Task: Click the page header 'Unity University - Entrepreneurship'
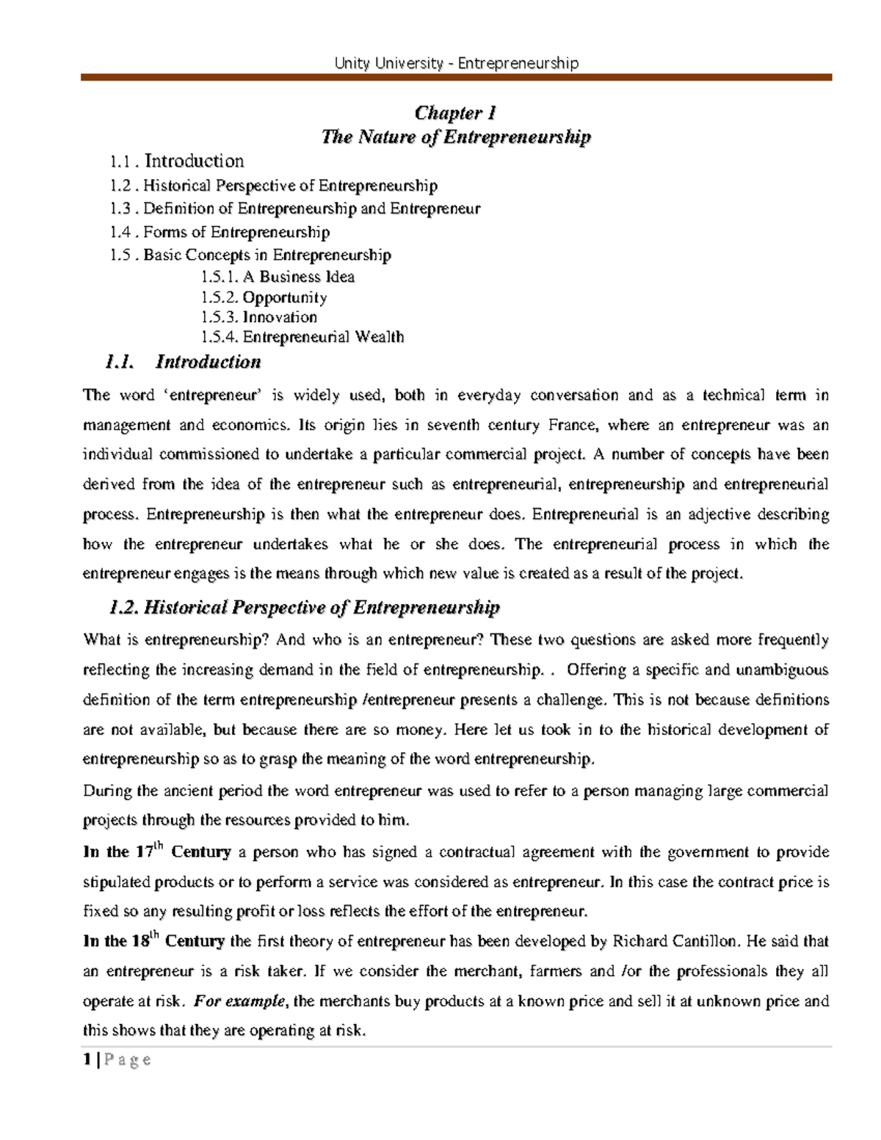456,63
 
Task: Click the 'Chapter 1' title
455,112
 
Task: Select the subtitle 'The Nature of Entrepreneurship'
455,137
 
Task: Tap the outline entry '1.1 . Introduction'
176,161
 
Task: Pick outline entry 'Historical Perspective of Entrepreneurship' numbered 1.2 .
289,186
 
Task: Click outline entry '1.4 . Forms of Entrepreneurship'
220,232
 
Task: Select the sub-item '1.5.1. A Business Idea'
277,277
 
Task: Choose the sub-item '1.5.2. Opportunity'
263,297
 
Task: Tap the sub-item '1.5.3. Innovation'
258,317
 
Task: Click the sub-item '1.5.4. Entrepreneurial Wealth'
302,337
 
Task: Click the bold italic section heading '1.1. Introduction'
184,362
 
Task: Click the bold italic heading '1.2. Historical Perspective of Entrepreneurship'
303,607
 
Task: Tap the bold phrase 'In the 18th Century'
153,941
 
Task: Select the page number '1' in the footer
87,1059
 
